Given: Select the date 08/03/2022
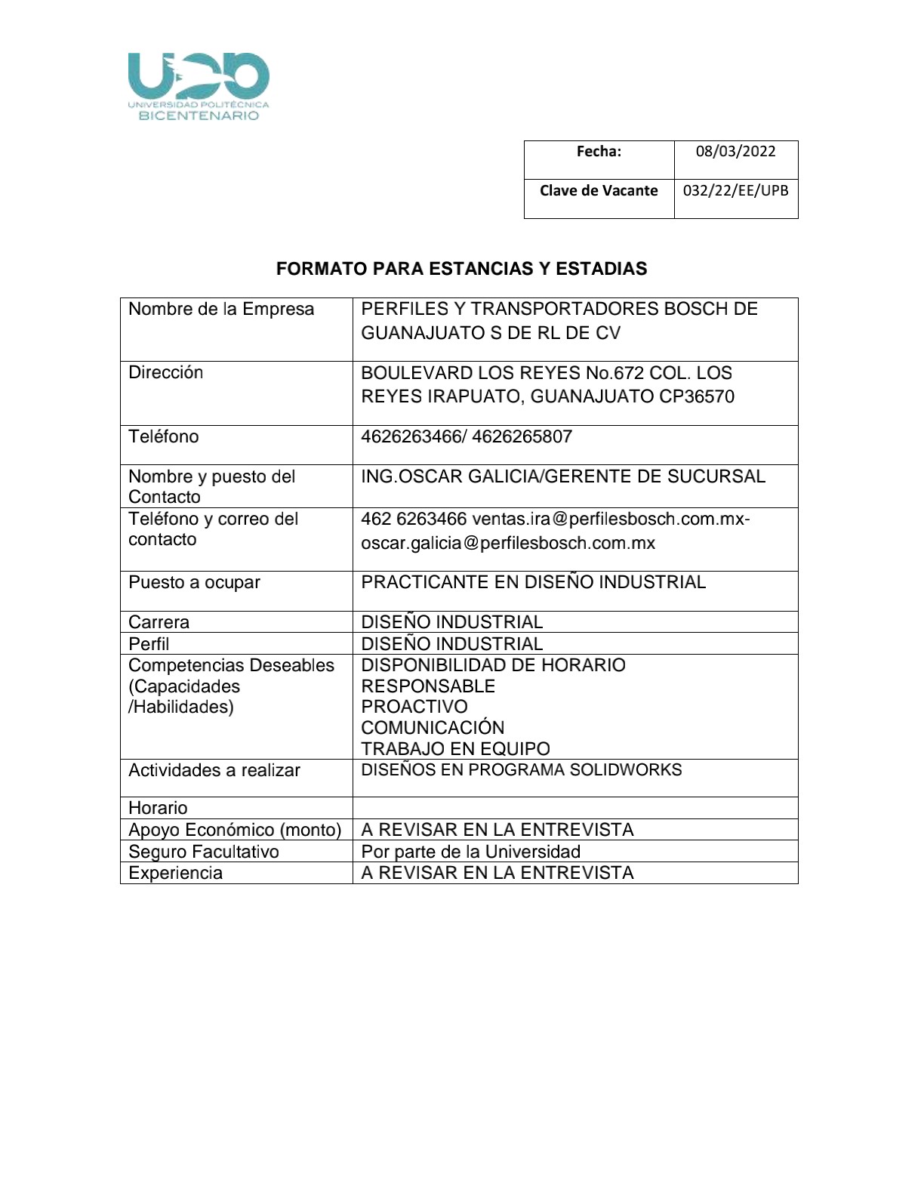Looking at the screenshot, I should click(735, 151).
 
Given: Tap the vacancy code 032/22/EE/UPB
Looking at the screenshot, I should click(735, 190).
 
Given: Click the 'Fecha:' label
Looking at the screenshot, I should click(599, 151).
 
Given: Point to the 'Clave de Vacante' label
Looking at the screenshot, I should click(599, 190).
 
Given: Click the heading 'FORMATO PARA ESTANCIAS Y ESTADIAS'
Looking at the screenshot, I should click(461, 269).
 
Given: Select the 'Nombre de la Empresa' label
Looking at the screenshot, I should click(221, 309).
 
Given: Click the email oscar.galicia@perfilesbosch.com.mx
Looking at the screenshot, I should click(508, 543).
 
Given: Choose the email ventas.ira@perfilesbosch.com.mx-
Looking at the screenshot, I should click(611, 519).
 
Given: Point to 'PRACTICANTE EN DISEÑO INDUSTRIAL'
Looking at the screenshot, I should click(533, 582).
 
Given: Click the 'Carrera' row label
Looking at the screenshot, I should click(159, 622).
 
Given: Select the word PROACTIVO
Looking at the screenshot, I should click(414, 707).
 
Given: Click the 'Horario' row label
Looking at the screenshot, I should click(158, 808).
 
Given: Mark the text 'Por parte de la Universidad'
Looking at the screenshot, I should click(470, 852).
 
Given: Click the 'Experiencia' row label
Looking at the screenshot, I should click(175, 873).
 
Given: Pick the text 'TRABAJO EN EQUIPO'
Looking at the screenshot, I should click(455, 749).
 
